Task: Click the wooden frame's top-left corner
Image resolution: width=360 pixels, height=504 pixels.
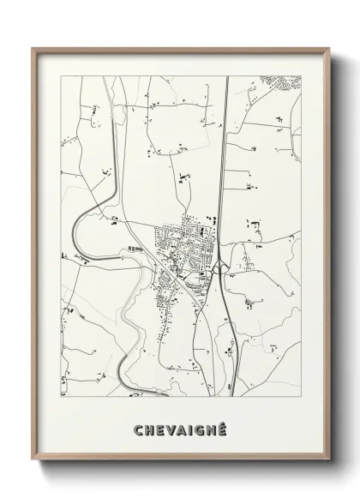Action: coord(33,48)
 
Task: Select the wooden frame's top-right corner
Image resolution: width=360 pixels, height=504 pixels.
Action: coord(328,48)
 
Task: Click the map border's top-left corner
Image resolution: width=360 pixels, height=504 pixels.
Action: coord(61,75)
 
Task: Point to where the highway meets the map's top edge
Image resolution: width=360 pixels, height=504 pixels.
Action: coord(226,75)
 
